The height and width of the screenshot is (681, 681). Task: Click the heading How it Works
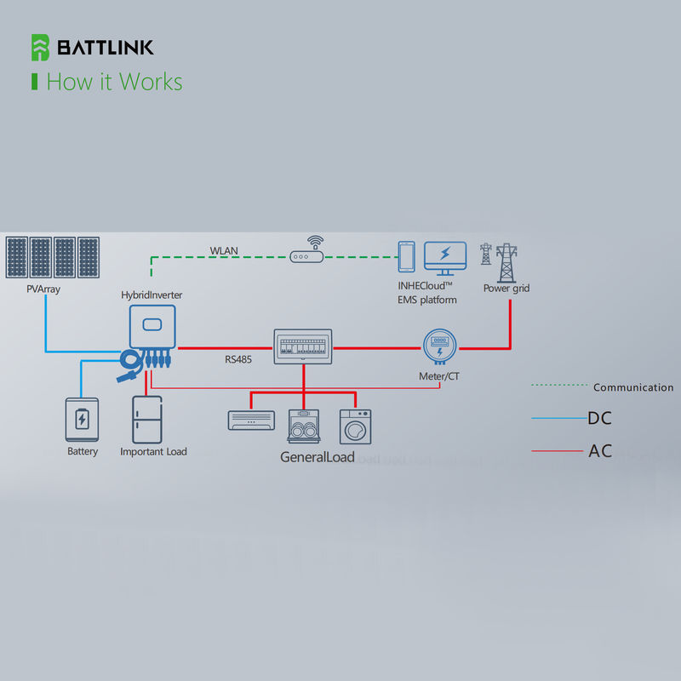114,82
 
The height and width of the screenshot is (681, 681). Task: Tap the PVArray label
43,289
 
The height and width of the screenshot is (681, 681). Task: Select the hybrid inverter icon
152,327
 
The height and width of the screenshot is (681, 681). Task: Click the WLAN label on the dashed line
225,251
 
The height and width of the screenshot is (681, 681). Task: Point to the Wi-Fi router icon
306,253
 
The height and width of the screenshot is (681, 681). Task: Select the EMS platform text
427,300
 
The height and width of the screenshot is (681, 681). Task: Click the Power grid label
506,289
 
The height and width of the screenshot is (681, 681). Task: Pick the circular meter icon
440,346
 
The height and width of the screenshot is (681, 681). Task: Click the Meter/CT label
439,375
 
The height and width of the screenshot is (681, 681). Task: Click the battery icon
82,419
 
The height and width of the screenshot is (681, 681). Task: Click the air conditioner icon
252,420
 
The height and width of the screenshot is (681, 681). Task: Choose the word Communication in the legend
633,387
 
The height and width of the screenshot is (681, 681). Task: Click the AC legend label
600,451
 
